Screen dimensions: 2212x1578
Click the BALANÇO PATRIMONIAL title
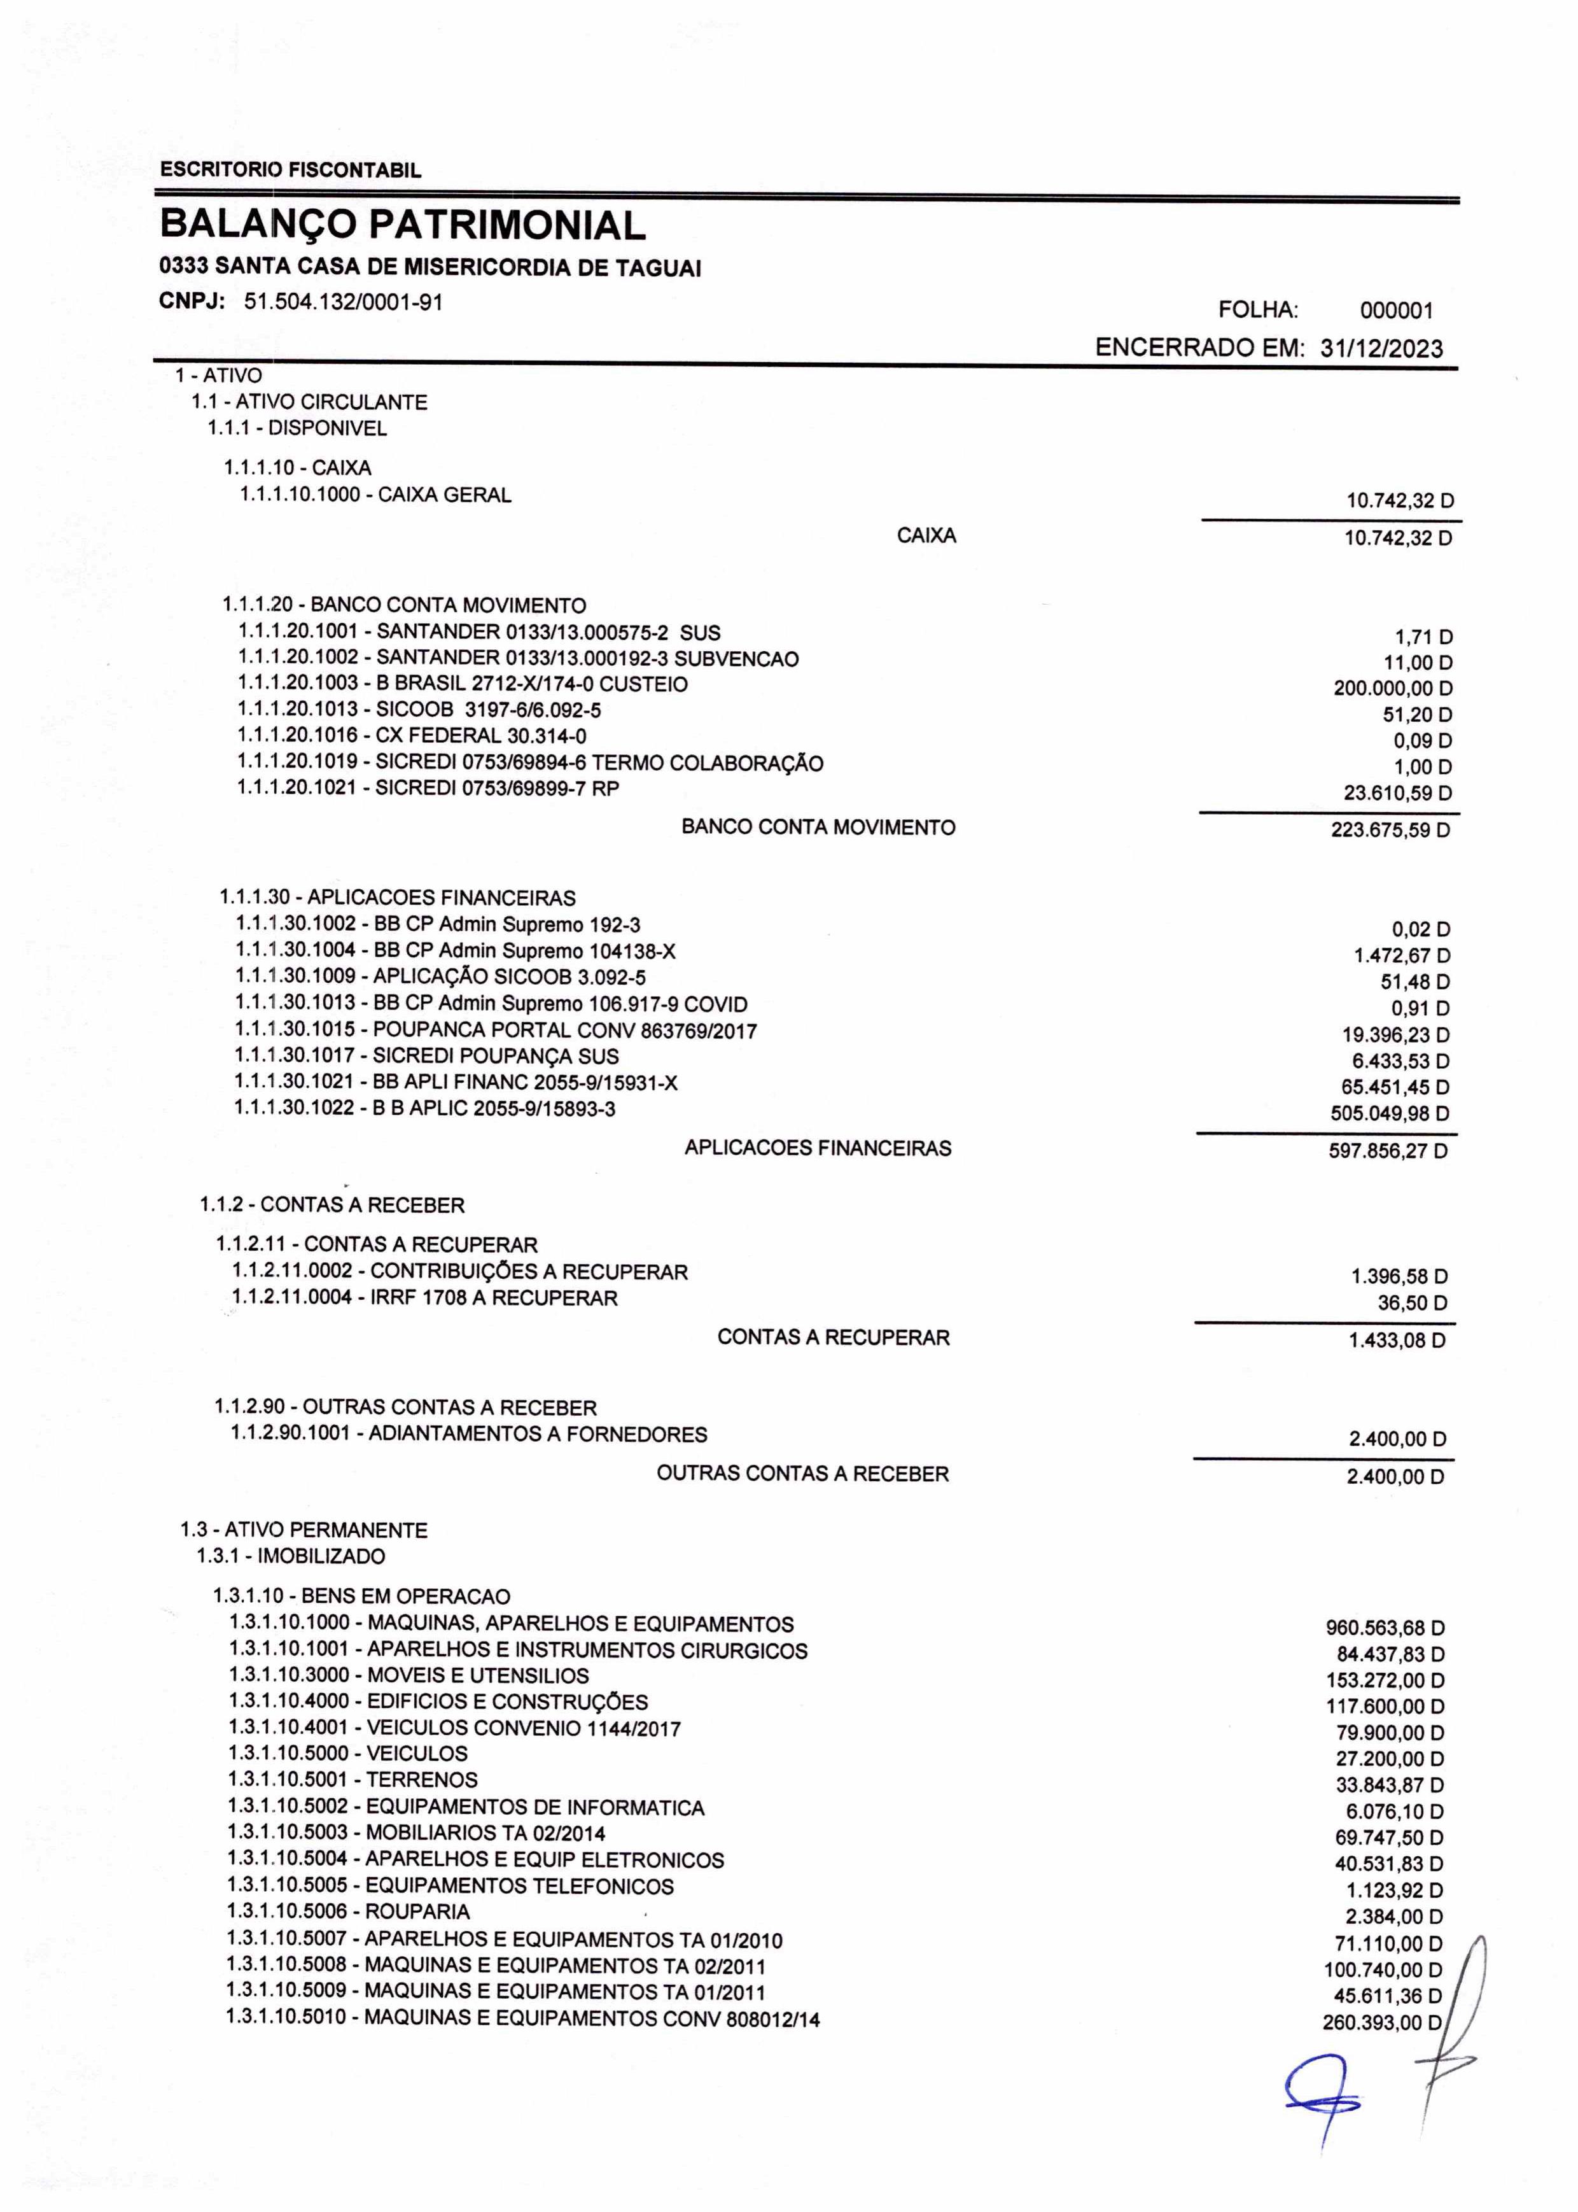(402, 225)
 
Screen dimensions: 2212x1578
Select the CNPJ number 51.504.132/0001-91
(343, 302)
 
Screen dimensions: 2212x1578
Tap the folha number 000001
(1396, 311)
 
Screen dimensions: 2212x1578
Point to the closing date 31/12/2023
(1381, 349)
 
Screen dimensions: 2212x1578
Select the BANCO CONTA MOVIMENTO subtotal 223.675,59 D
(1390, 831)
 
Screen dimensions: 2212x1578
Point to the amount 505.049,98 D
(1390, 1114)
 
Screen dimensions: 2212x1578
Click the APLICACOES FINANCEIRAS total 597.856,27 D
(1388, 1152)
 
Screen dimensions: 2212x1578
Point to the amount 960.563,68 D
(1385, 1628)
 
